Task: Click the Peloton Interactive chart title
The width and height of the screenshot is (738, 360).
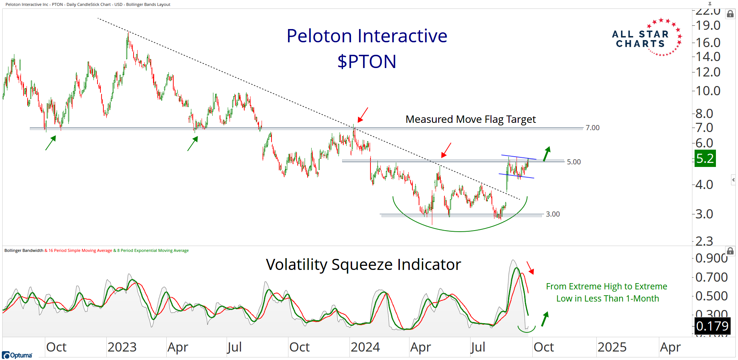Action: [x=367, y=36]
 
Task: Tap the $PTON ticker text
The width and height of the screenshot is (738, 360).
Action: [x=367, y=61]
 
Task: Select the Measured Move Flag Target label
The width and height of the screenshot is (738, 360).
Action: [x=470, y=120]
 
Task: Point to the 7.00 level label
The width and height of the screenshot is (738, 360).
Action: [x=592, y=128]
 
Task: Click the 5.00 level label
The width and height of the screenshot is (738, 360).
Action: [x=574, y=162]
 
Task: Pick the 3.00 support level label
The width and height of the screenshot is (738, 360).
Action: [x=553, y=214]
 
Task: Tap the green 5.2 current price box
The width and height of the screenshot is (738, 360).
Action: [x=705, y=158]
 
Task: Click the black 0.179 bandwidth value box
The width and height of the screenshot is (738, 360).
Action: [x=712, y=326]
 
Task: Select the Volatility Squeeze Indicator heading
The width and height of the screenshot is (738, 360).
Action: [x=363, y=265]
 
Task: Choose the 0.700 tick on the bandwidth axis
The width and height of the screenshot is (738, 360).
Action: [x=711, y=277]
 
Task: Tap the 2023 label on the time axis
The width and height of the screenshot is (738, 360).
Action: [x=122, y=347]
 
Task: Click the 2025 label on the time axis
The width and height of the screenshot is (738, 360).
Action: [x=612, y=347]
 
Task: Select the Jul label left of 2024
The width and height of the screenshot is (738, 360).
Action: [x=234, y=347]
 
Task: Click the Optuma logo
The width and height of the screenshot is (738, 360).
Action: [x=17, y=355]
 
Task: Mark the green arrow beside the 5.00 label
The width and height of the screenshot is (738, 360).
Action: [x=547, y=154]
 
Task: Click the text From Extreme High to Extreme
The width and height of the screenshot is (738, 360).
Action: [x=606, y=286]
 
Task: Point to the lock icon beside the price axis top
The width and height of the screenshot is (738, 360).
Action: [x=730, y=14]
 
